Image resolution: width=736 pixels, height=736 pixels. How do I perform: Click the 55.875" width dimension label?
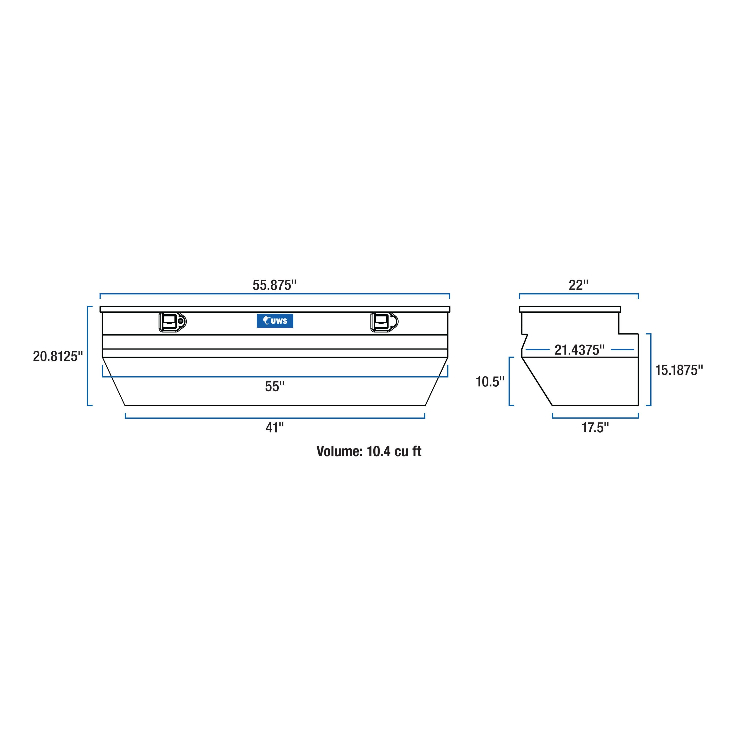pyautogui.click(x=274, y=285)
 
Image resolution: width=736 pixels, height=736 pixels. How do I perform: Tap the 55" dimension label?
pyautogui.click(x=275, y=387)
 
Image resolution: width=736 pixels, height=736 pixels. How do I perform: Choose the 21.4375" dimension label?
pyautogui.click(x=579, y=350)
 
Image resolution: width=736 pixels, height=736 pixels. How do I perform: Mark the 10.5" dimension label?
pyautogui.click(x=490, y=381)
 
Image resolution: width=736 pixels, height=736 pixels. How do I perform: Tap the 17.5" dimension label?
pyautogui.click(x=595, y=428)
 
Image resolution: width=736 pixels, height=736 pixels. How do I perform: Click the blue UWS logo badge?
pyautogui.click(x=275, y=321)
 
